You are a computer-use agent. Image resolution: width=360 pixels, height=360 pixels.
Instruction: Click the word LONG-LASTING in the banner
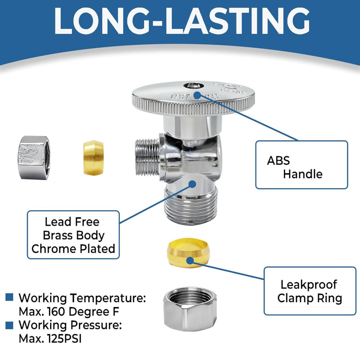[181, 21]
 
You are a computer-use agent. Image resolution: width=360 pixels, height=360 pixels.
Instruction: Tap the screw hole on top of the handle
[193, 86]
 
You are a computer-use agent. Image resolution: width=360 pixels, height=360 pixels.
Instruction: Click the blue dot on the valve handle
[197, 95]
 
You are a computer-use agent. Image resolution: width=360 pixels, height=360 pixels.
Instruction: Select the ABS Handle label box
[301, 165]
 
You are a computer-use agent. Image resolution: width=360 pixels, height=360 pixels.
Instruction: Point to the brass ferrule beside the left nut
[93, 158]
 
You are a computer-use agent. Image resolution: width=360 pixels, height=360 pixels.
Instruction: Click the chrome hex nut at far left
[34, 157]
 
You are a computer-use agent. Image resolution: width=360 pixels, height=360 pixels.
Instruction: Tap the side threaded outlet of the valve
[148, 157]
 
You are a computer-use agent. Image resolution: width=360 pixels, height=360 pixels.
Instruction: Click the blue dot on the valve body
[192, 184]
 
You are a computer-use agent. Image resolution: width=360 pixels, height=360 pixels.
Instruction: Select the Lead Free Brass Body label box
[73, 235]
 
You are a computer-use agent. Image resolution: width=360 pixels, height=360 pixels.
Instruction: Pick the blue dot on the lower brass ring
[190, 261]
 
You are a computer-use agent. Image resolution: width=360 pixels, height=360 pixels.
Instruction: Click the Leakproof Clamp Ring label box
[310, 291]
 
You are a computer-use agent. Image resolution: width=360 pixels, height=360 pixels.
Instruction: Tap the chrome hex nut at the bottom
[190, 309]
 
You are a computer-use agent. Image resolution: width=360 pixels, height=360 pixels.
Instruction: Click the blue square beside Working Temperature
[9, 297]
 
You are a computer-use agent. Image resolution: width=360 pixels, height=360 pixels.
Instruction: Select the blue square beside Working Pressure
[9, 325]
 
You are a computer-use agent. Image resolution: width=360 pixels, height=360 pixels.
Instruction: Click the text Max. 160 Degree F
[69, 312]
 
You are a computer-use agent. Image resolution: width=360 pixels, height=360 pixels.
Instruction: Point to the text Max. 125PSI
[50, 339]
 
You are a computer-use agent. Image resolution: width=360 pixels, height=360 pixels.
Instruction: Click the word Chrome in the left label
[51, 249]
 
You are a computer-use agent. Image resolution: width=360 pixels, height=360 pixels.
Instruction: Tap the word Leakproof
[309, 285]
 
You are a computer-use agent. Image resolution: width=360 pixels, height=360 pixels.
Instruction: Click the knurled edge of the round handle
[193, 107]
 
